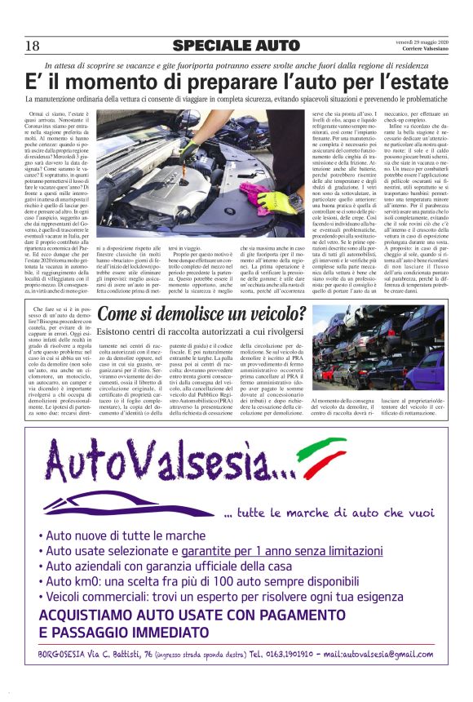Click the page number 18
coord(32,46)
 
